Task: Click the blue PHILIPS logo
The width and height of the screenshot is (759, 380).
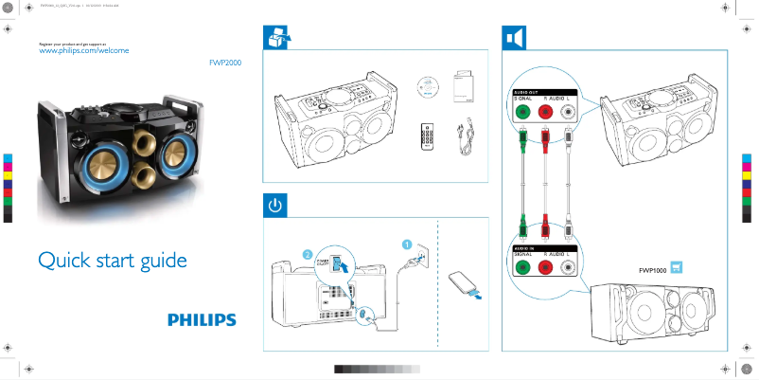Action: pos(202,320)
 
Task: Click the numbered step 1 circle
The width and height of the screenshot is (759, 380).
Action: pos(407,244)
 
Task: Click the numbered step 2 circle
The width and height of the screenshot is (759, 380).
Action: pos(308,254)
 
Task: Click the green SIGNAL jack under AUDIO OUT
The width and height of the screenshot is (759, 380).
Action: pos(521,110)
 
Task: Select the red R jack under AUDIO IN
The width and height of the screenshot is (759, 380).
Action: pos(546,268)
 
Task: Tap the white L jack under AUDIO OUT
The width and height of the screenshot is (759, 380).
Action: pos(568,110)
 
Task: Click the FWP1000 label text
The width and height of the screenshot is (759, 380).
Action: pos(653,270)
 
